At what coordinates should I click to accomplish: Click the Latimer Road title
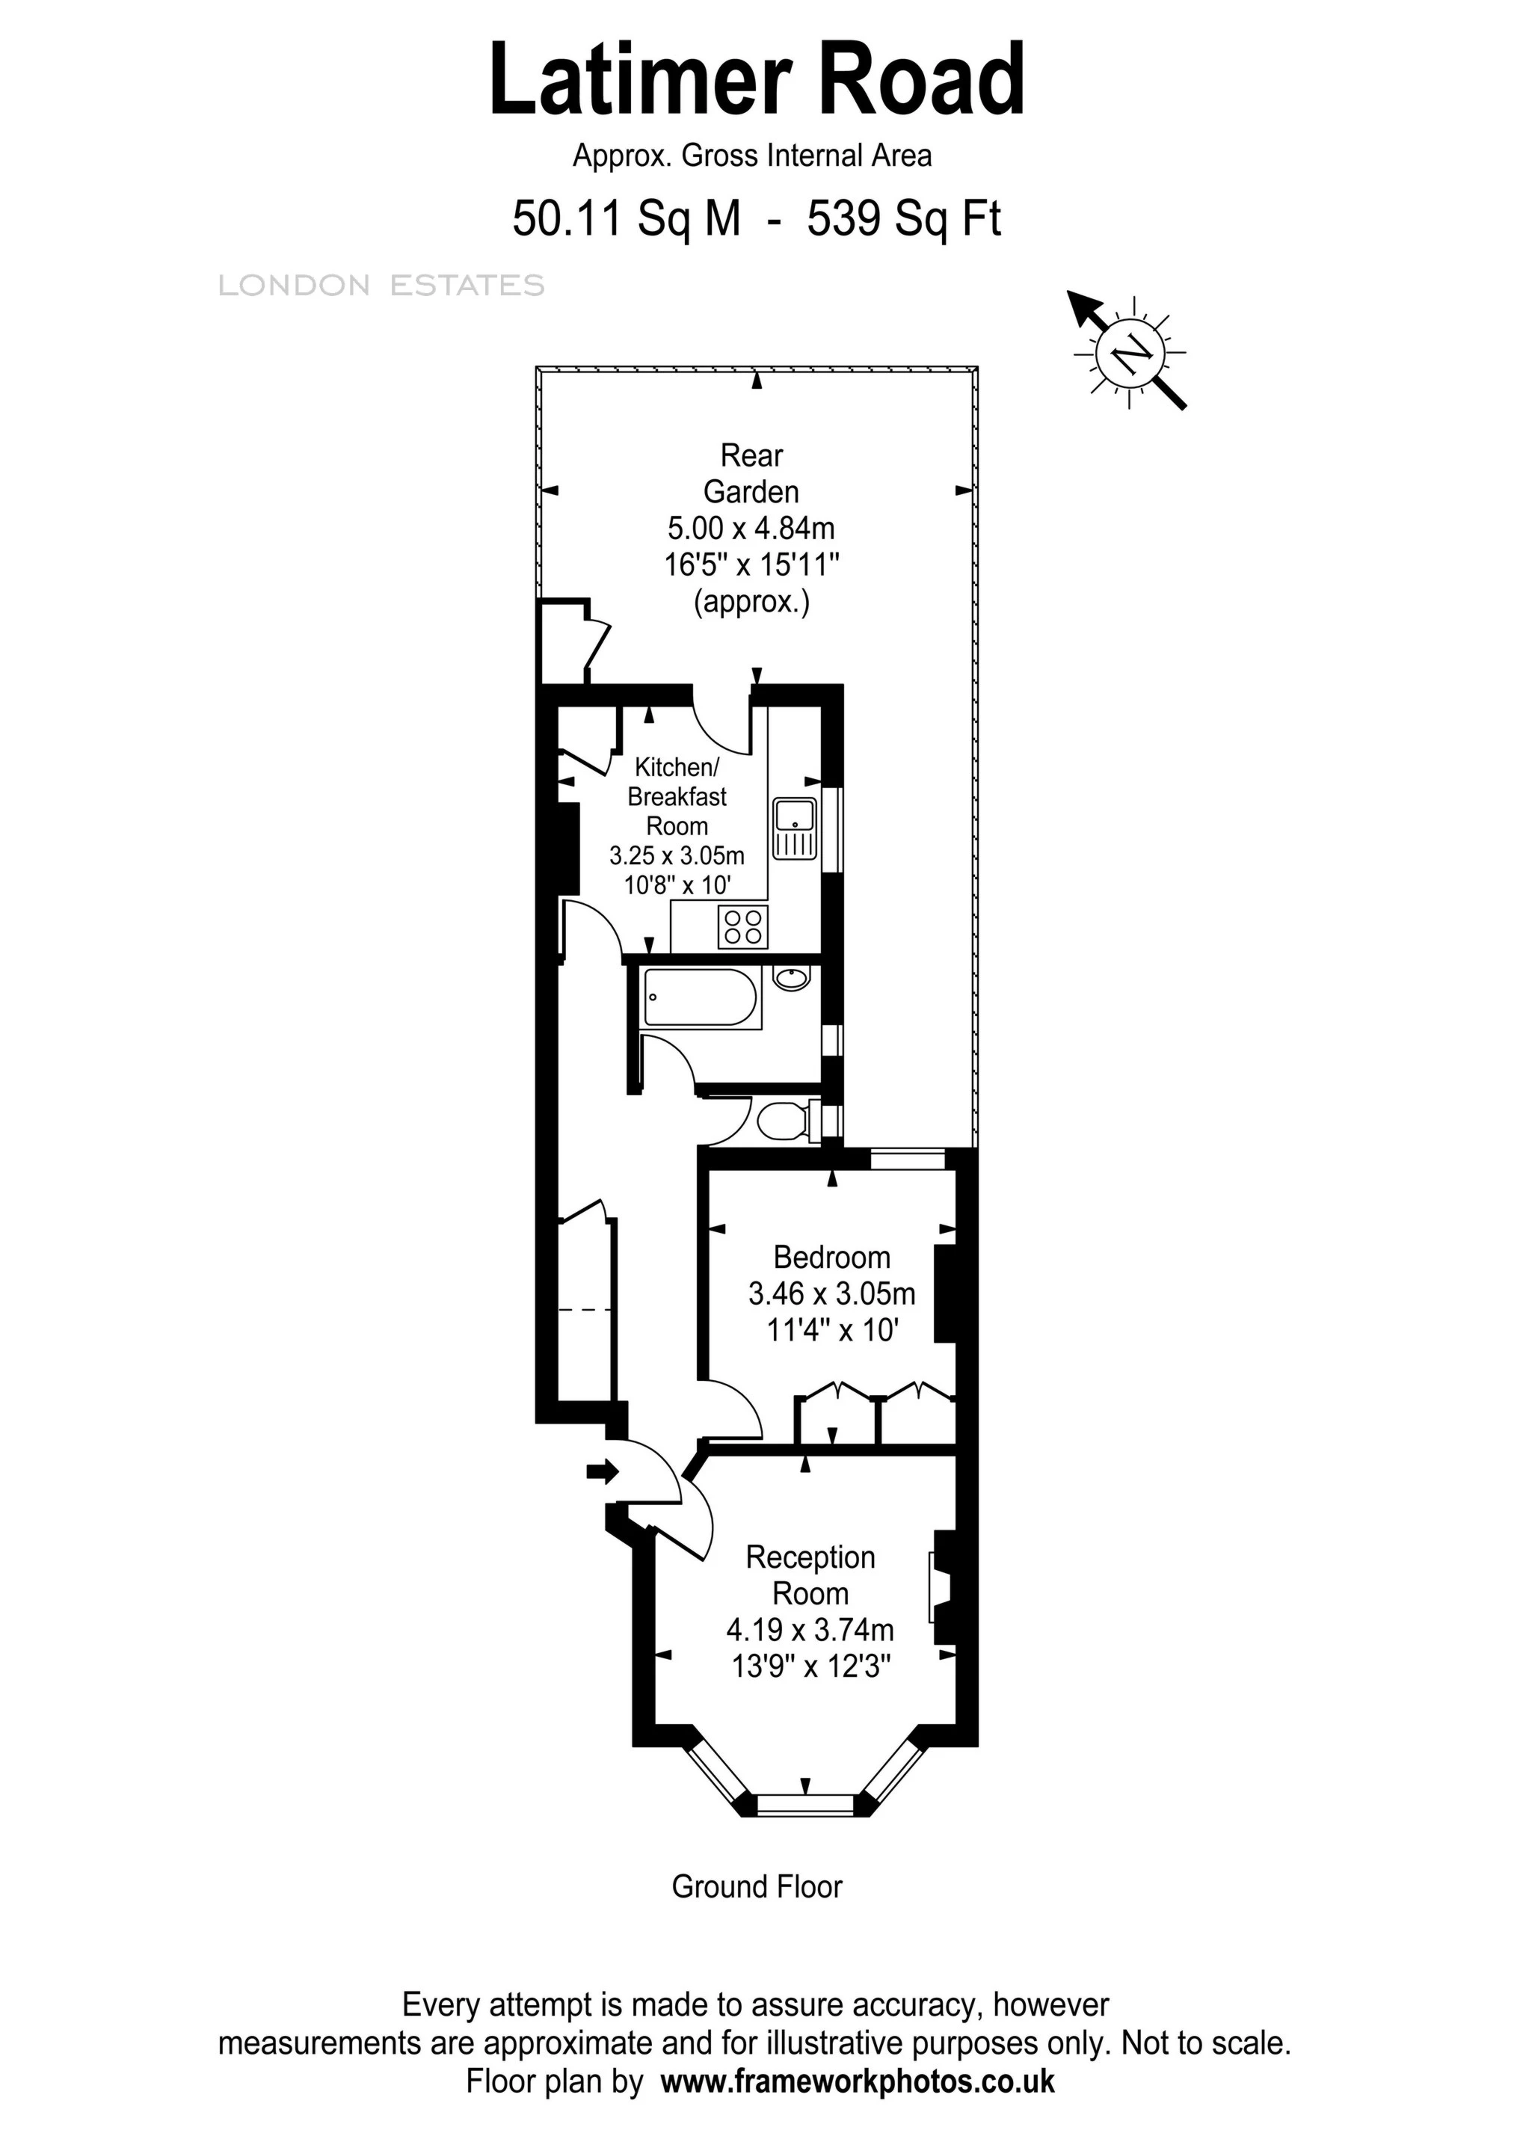click(x=757, y=80)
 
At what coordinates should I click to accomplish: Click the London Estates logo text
click(x=381, y=286)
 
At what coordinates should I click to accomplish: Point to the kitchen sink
click(x=795, y=828)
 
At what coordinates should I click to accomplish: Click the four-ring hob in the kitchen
click(x=742, y=926)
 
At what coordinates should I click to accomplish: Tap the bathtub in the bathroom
click(x=701, y=998)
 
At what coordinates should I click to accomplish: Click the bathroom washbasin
click(x=792, y=978)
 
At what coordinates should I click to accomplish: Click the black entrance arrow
click(x=603, y=1472)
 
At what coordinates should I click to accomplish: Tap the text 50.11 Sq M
click(x=626, y=220)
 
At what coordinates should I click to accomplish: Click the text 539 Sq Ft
click(x=903, y=220)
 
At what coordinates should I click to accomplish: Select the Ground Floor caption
click(x=757, y=1886)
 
